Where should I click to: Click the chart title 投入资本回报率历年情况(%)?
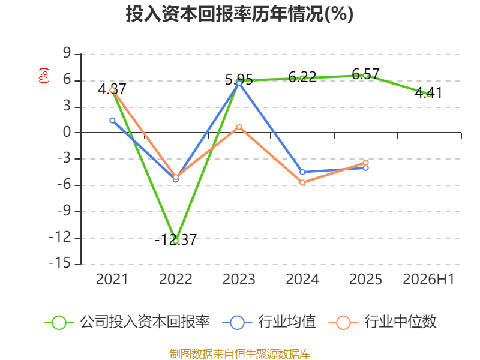(x=239, y=14)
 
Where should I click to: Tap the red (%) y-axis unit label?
(x=43, y=76)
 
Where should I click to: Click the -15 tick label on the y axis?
(x=60, y=263)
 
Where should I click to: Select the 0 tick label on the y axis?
(x=67, y=132)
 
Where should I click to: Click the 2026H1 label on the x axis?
(x=428, y=279)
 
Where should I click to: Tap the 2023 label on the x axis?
(x=239, y=279)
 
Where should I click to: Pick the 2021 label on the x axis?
(x=112, y=279)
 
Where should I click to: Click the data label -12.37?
(x=176, y=239)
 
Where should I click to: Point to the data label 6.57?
(x=365, y=74)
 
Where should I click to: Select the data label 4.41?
(x=428, y=92)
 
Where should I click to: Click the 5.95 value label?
(x=239, y=80)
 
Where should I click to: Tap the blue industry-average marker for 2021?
(x=112, y=121)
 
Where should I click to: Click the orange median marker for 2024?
(x=302, y=183)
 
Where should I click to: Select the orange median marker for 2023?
(x=239, y=127)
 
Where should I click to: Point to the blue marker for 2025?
(x=366, y=168)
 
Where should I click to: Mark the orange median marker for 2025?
(x=366, y=163)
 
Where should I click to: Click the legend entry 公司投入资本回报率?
(x=127, y=322)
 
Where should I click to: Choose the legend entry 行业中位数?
(x=383, y=322)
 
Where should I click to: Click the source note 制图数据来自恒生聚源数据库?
(x=239, y=354)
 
